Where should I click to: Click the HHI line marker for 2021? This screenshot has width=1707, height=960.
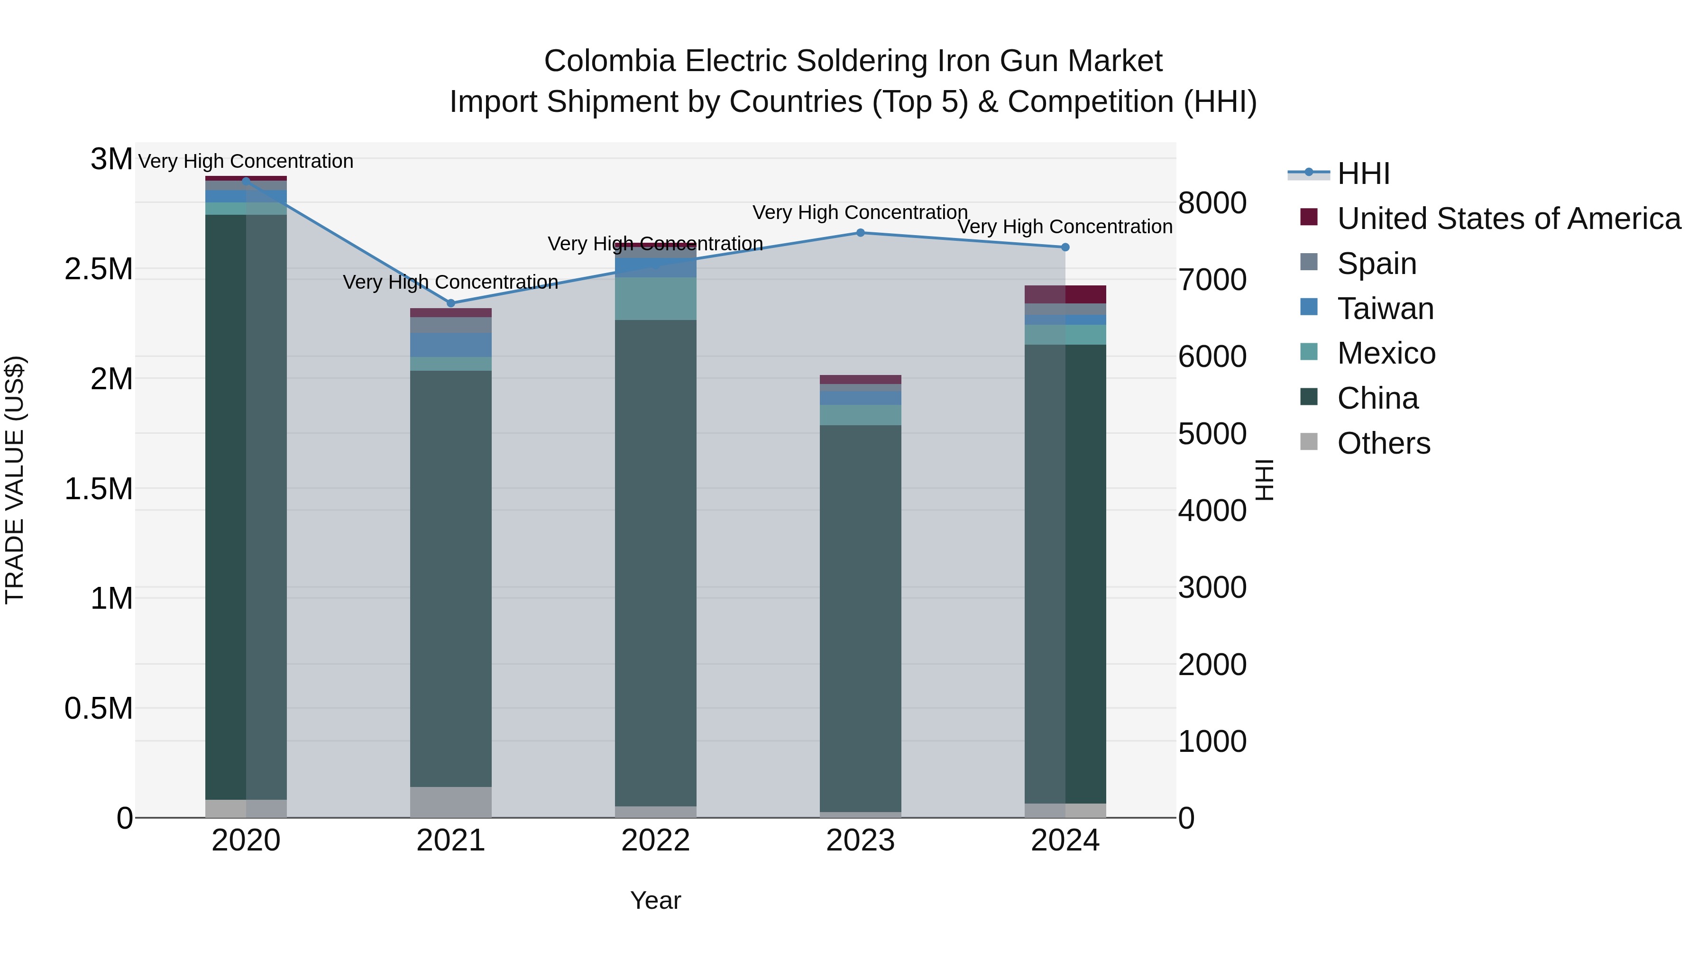pyautogui.click(x=450, y=303)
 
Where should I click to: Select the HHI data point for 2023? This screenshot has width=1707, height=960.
pyautogui.click(x=860, y=233)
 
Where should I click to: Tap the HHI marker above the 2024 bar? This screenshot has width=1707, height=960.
pyautogui.click(x=1065, y=247)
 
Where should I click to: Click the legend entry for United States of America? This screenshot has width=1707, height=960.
pyautogui.click(x=1508, y=218)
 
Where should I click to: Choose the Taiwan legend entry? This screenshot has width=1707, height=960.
pyautogui.click(x=1385, y=308)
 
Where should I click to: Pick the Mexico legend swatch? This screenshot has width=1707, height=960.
pyautogui.click(x=1309, y=352)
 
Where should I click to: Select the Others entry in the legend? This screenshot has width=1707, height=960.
pyautogui.click(x=1383, y=443)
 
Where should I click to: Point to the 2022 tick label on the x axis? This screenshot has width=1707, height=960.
pyautogui.click(x=655, y=841)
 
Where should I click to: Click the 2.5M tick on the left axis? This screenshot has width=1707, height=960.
pyautogui.click(x=99, y=269)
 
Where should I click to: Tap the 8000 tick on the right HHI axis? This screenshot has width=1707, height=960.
pyautogui.click(x=1212, y=203)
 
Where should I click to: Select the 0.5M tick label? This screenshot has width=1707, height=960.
pyautogui.click(x=99, y=708)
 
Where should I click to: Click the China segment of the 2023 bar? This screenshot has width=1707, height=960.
pyautogui.click(x=860, y=616)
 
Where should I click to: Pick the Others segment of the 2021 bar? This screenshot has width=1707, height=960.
pyautogui.click(x=450, y=802)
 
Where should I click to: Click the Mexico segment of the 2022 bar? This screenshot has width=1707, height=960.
pyautogui.click(x=655, y=298)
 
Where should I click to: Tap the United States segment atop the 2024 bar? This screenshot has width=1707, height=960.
pyautogui.click(x=1065, y=294)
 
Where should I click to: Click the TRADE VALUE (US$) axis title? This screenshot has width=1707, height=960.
pyautogui.click(x=15, y=480)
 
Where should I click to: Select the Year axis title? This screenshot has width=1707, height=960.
pyautogui.click(x=655, y=900)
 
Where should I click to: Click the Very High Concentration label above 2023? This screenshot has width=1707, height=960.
pyautogui.click(x=860, y=213)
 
